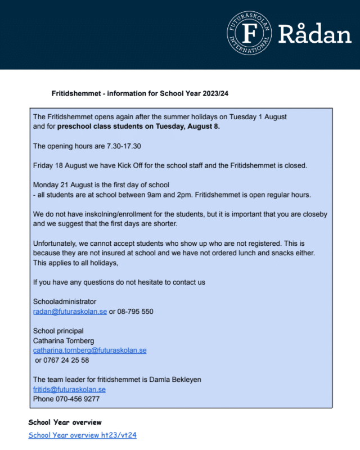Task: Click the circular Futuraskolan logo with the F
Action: tap(249, 33)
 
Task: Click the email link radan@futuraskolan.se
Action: tap(70, 311)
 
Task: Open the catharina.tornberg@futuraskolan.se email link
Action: tap(89, 350)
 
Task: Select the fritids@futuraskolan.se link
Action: tap(69, 389)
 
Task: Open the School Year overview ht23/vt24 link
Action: tap(83, 435)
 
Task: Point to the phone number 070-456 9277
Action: tap(78, 399)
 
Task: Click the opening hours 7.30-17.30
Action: tap(124, 146)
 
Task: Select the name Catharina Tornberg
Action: tap(64, 340)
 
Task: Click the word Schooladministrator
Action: tap(65, 301)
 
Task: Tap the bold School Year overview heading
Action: tap(65, 422)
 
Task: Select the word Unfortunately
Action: tap(55, 244)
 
